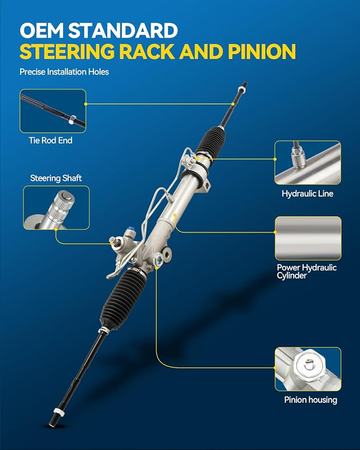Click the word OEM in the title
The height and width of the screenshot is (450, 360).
point(41,30)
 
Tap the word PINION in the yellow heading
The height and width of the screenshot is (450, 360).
point(262,51)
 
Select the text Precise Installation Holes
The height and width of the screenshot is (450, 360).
point(64,72)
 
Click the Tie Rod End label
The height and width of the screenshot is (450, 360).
point(50,140)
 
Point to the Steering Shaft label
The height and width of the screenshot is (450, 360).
point(56,178)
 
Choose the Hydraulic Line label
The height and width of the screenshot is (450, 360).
point(308,193)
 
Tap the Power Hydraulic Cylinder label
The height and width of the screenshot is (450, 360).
point(306,271)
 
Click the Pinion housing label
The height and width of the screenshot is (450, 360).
point(311,400)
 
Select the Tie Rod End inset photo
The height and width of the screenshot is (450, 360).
point(53,111)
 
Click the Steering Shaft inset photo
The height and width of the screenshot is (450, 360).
point(56,208)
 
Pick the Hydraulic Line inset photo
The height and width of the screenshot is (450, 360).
point(308,163)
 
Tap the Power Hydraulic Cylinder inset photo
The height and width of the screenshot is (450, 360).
point(308,238)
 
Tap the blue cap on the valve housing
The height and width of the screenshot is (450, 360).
point(132,229)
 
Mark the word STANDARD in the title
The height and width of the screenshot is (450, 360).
point(123,30)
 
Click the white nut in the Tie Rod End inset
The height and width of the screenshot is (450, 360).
point(72,119)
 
